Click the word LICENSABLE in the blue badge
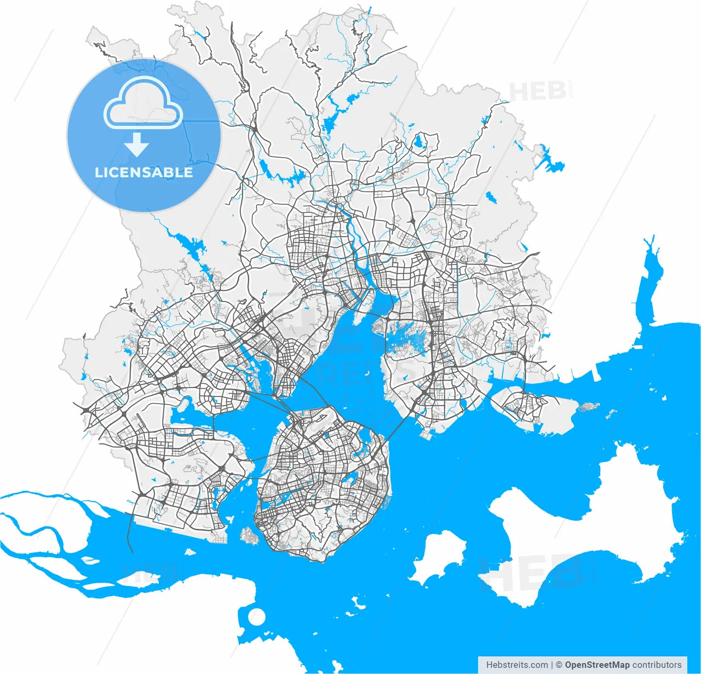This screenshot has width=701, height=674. coord(143,172)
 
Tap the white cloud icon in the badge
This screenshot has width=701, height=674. coord(143,104)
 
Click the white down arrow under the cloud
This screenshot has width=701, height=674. coord(136,145)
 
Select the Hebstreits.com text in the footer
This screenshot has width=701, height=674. coord(516,665)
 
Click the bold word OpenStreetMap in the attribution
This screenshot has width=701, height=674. coord(597,665)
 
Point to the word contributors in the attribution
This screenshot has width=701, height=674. coord(657,665)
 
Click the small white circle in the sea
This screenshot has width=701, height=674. coord(256,617)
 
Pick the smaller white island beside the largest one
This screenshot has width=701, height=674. coord(438,556)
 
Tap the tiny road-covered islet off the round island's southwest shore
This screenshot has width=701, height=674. coord(250,535)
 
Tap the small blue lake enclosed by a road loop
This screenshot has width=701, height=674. coord(419,142)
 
